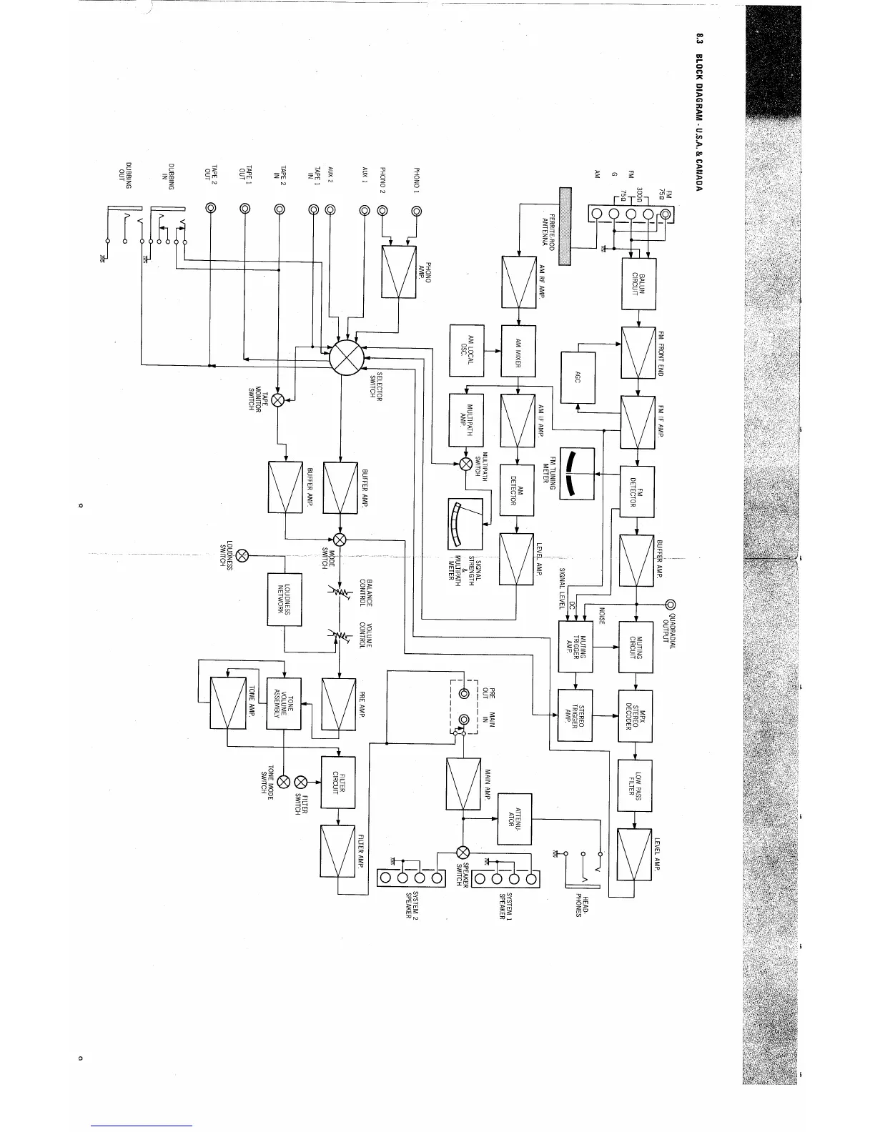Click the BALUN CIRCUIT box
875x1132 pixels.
[638, 284]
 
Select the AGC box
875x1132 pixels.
[579, 376]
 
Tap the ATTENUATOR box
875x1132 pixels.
[514, 819]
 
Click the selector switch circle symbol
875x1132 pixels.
[347, 356]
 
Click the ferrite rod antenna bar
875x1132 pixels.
[566, 226]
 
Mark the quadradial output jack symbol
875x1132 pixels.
[670, 606]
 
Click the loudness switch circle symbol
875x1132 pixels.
[242, 555]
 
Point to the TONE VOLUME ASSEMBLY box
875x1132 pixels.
[284, 703]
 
